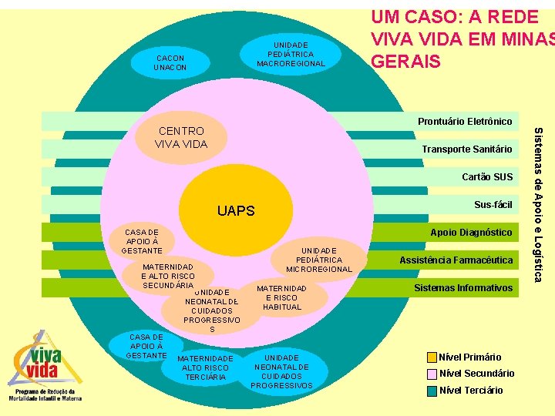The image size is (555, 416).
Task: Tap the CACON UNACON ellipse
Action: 170,62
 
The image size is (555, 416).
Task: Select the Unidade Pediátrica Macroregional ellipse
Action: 291,54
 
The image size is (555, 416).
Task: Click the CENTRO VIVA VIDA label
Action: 180,137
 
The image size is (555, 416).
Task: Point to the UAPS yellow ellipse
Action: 236,210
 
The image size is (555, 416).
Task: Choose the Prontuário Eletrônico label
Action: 465,122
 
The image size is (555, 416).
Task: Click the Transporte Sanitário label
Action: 466,149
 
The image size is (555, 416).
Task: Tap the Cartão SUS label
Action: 487,176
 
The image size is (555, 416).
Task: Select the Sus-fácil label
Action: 493,204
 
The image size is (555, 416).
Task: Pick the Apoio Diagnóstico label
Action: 470,232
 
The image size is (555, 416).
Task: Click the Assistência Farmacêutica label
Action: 456,260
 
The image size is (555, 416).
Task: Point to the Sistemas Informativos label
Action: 462,288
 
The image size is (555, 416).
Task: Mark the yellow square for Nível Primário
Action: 432,357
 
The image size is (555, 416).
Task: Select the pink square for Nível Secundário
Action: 432,374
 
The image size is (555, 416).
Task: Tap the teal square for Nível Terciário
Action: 432,390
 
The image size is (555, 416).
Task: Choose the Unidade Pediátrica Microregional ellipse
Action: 318,260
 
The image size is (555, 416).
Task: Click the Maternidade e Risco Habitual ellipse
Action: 281,297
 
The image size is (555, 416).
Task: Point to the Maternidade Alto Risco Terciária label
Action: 205,368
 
